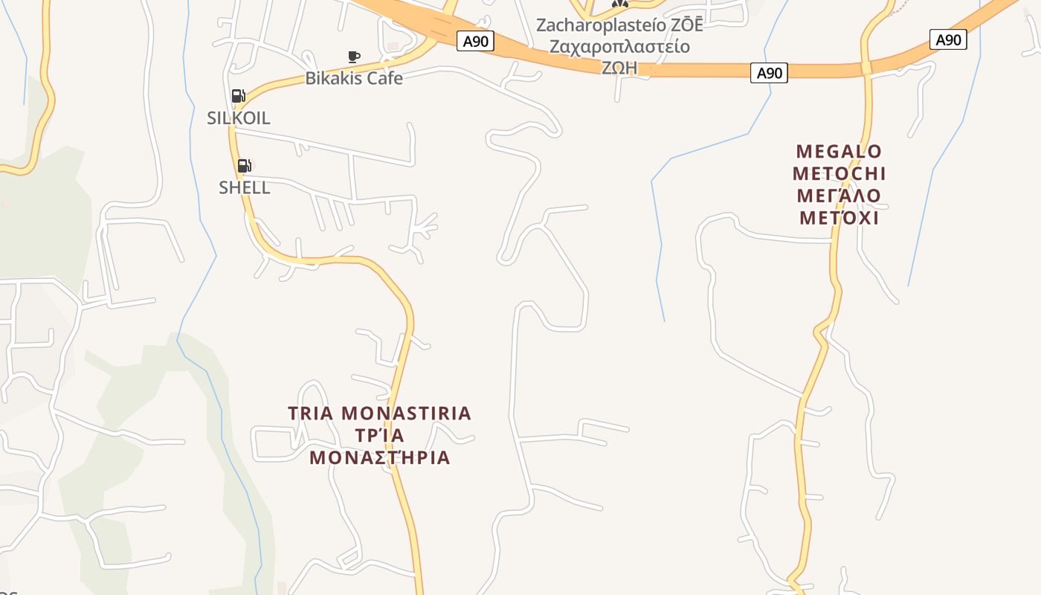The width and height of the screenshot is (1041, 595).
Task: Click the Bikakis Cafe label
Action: [354, 78]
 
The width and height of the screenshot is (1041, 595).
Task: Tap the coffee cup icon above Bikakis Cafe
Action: [354, 57]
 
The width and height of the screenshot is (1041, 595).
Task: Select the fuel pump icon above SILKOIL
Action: [238, 95]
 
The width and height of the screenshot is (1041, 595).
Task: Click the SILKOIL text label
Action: [239, 118]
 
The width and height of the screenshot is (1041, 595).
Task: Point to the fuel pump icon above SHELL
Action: [244, 165]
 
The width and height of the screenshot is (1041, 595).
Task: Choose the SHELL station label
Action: [245, 187]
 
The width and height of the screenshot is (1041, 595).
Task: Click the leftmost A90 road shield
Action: [475, 41]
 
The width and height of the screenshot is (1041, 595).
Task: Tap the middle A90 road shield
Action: [769, 73]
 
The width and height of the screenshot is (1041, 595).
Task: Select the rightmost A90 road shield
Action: [948, 40]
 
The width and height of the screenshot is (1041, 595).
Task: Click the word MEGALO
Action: [839, 152]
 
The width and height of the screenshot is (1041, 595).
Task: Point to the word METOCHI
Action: [839, 174]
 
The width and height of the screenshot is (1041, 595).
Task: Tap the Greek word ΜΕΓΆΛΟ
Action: [839, 196]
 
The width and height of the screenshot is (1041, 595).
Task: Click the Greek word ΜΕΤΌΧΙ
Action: [839, 219]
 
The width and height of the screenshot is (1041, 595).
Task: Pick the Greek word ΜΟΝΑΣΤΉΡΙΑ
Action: [380, 457]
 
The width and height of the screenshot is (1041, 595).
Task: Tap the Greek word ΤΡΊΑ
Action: [380, 435]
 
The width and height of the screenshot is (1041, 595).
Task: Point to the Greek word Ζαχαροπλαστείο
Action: [619, 47]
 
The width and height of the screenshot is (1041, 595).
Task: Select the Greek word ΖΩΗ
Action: [619, 68]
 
